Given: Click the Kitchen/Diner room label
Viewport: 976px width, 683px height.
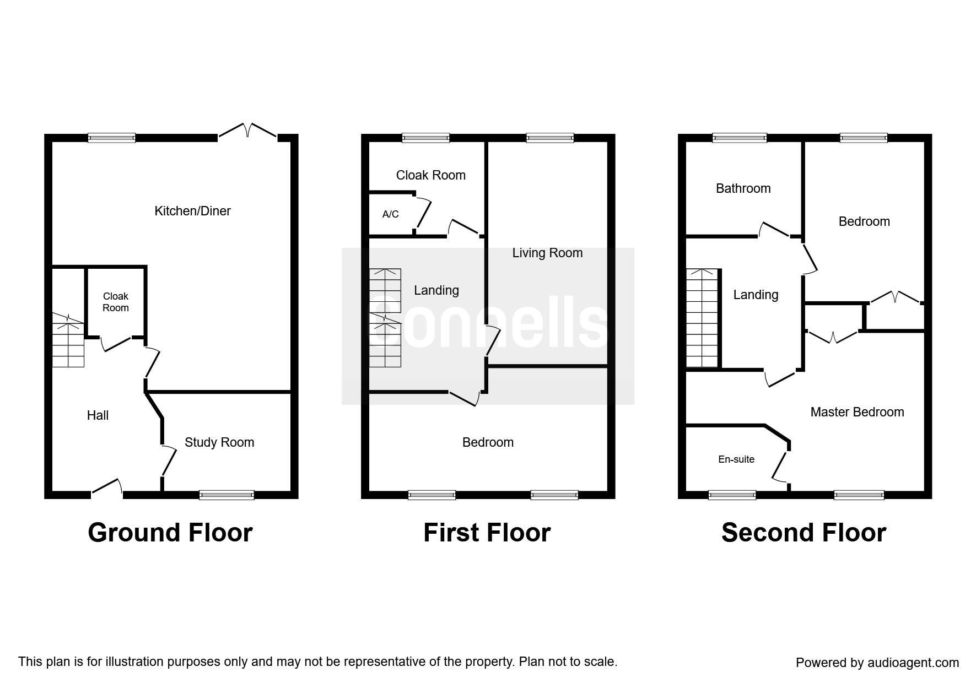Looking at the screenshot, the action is (192, 211).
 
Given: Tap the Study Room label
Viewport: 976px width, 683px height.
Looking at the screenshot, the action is (219, 442).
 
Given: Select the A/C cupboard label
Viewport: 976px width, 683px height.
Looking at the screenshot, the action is (390, 214).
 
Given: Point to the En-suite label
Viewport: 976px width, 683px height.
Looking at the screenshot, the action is (736, 459).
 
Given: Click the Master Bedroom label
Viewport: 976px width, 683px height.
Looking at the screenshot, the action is (857, 412).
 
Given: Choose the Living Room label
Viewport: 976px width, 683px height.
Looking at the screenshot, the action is (547, 253).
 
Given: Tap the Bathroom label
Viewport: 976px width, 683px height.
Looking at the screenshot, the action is (743, 188).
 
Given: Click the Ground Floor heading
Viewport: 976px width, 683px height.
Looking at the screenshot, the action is (170, 533).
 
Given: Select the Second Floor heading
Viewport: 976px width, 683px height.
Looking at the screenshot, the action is (804, 533).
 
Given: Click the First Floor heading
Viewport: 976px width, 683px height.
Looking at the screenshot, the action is (487, 533).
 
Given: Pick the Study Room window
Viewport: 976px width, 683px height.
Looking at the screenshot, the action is (227, 495).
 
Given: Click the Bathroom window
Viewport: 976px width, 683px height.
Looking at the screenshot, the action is (740, 138).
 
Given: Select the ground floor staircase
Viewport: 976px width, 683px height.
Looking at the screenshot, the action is (68, 340).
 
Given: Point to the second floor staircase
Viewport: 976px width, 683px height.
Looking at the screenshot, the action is (703, 318).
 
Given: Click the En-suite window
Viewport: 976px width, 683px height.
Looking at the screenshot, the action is (732, 495).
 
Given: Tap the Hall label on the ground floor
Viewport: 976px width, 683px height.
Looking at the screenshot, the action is (98, 415).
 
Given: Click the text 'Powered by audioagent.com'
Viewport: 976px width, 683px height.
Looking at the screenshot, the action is (877, 663).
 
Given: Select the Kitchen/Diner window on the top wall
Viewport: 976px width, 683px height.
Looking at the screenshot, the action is (111, 138).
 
